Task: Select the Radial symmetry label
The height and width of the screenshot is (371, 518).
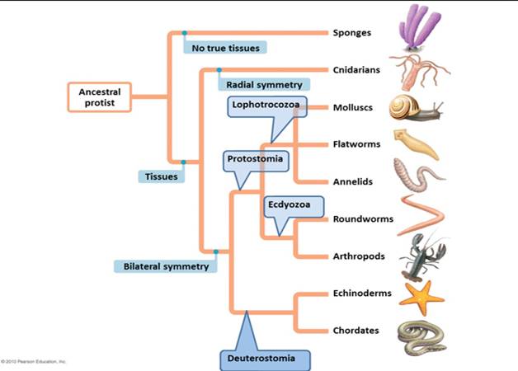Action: (263, 84)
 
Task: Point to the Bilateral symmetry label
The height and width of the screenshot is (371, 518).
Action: (165, 265)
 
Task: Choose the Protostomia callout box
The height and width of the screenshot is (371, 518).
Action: (256, 159)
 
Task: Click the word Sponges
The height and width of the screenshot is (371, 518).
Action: (351, 33)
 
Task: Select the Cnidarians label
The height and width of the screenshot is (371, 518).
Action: (356, 70)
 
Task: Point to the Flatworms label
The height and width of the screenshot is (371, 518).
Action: (356, 144)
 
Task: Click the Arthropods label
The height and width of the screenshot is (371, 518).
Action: (359, 256)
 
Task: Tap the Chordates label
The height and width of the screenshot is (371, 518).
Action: (356, 331)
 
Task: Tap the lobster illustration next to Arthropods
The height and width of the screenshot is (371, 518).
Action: (421, 256)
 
